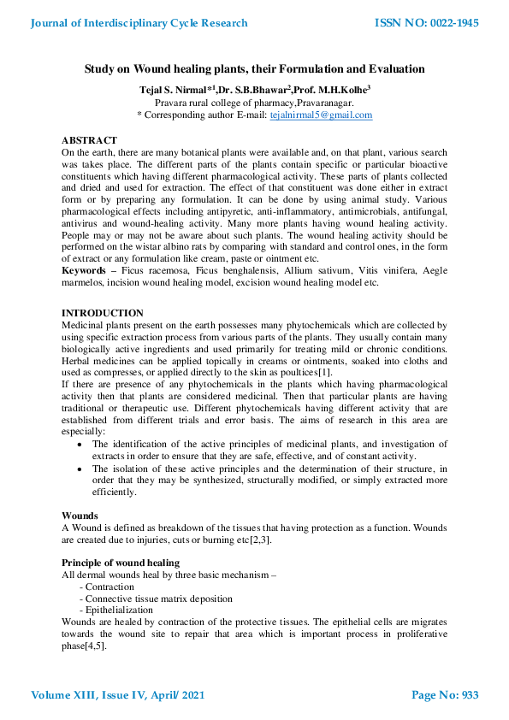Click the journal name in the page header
139,23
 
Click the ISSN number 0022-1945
427,23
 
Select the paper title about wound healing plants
254,68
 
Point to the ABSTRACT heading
89,139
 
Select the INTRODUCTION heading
103,313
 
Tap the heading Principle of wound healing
121,563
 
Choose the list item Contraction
109,587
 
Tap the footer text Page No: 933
445,695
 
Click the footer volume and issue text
118,695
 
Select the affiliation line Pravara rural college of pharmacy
254,102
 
